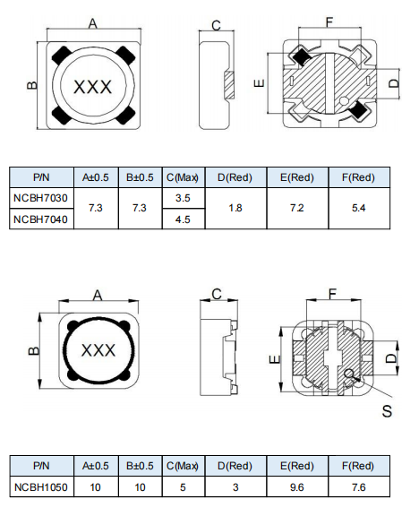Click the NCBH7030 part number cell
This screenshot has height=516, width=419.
coord(41,198)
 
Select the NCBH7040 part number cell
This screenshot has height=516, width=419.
coord(41,219)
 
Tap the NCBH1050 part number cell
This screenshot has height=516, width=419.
coord(41,487)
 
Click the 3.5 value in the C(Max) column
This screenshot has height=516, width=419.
coord(183,198)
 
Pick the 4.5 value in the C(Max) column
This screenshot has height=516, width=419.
coord(183,219)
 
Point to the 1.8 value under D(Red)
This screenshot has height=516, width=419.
coord(235,208)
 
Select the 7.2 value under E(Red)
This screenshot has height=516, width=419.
coord(297,208)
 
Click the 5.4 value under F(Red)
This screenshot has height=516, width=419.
coord(359,208)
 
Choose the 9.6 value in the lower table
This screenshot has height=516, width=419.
coord(297,487)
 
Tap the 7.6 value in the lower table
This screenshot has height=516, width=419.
coord(359,487)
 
